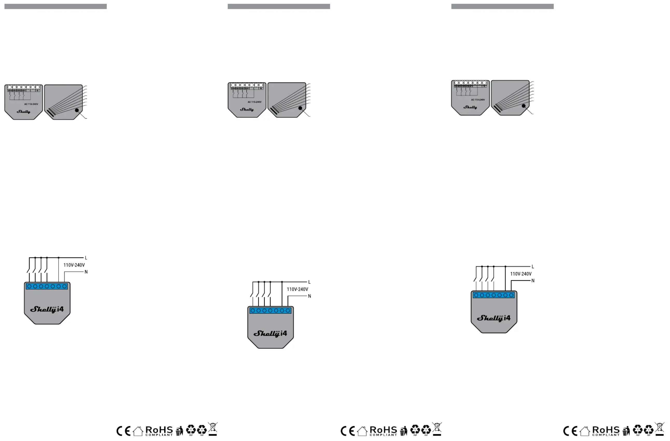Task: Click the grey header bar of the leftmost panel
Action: coord(55,6)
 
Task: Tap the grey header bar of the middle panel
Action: coord(279,6)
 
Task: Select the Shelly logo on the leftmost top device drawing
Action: coord(23,112)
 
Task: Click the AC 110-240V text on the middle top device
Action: coord(255,102)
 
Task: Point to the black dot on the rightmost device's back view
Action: coord(524,106)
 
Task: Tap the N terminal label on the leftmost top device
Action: coord(37,91)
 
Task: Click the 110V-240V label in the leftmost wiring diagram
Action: coord(74,265)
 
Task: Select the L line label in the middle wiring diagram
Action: coord(309,282)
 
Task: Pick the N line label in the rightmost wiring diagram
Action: coord(533,281)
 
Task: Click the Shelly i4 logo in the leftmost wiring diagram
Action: coord(47,309)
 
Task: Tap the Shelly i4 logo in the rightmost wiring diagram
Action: coord(494,318)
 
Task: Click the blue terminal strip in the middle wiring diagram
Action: coord(270,311)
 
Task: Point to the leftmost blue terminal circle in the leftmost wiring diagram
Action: coord(29,286)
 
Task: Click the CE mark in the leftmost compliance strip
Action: coord(124,431)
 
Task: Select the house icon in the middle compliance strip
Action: coord(362,431)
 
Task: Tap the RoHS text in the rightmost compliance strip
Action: coord(606,430)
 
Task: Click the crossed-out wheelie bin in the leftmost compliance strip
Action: coord(213,429)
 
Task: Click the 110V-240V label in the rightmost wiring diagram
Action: coord(521,274)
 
